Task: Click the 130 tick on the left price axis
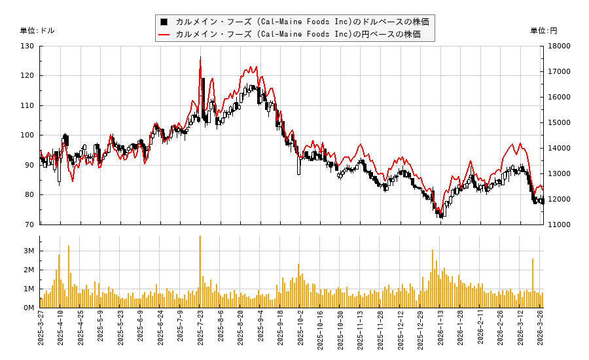point(27,46)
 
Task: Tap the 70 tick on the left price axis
point(29,225)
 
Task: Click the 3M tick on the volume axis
point(29,251)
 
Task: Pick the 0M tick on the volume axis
point(29,308)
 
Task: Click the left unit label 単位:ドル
point(37,31)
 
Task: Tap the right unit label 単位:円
point(544,31)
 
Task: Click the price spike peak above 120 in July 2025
point(200,58)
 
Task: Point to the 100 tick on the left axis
point(27,135)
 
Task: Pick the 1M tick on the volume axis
point(29,289)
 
